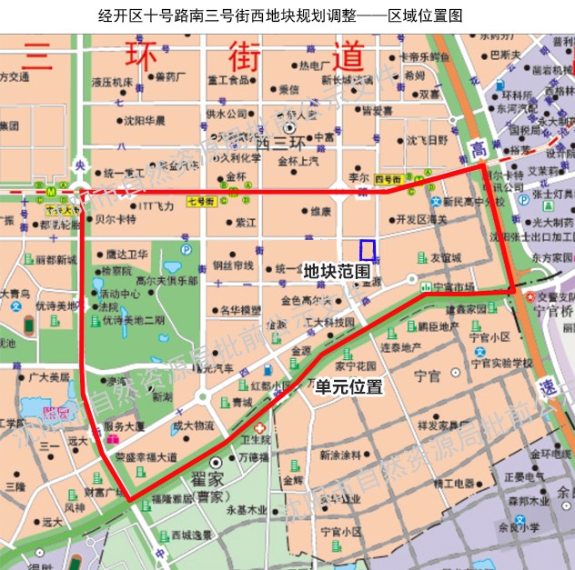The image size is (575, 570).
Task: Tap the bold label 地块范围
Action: coord(337,271)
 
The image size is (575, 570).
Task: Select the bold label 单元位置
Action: coord(348,386)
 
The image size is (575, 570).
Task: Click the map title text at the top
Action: coord(287,15)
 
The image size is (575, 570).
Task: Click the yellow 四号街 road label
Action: coord(388,178)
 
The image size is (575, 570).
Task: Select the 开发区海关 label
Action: coord(421,219)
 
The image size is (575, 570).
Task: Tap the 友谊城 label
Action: coord(445,257)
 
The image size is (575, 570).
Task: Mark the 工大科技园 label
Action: coord(329,323)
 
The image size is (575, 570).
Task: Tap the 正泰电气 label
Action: coord(525,475)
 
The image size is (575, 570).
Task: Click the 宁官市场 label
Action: coord(454,287)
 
